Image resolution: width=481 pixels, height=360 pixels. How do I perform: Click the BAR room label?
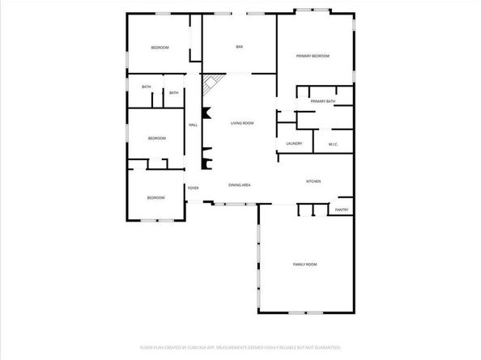[240, 48]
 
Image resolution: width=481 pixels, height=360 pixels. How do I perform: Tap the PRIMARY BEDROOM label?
[313, 56]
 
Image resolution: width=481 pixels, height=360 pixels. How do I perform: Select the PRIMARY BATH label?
[322, 101]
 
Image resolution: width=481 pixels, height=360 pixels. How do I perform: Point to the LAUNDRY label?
[294, 143]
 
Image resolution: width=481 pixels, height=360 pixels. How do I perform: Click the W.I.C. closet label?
[333, 144]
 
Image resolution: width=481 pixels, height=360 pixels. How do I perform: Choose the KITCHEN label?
[313, 181]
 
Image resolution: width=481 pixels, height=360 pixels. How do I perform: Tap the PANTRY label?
[342, 210]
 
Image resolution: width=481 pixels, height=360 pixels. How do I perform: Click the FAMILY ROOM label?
[304, 265]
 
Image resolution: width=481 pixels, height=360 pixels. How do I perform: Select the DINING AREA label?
[239, 185]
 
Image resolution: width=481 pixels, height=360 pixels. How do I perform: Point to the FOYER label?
[194, 188]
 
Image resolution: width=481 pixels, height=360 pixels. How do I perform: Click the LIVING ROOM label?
[242, 123]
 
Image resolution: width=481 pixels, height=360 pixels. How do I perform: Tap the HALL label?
[194, 125]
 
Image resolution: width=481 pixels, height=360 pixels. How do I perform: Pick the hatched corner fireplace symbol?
[212, 83]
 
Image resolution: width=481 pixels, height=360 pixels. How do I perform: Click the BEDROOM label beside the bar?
[160, 48]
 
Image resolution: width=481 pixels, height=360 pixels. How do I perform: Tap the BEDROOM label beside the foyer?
[155, 197]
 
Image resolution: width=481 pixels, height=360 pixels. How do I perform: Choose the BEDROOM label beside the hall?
[156, 138]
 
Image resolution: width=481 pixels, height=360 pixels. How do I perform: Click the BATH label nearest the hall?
[173, 92]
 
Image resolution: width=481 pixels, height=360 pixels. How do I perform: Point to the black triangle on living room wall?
[206, 113]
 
